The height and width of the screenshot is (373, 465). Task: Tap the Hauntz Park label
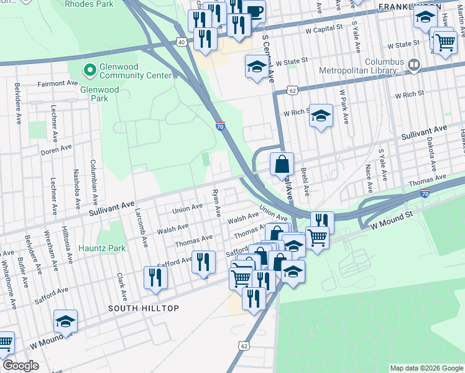click(x=102, y=248)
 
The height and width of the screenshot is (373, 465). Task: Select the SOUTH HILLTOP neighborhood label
click(x=144, y=308)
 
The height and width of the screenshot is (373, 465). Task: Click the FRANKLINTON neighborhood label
click(x=410, y=6)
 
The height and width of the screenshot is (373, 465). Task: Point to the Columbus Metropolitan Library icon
click(x=415, y=63)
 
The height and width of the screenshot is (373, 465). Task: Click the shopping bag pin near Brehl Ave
click(x=282, y=165)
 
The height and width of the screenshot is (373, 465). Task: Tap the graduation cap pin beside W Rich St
click(x=321, y=116)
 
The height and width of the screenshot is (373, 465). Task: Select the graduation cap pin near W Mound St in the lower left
click(x=65, y=321)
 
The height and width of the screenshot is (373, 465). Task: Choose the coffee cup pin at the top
click(x=254, y=11)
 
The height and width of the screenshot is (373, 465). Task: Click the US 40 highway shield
click(x=182, y=42)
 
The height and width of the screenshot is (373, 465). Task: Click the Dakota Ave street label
click(x=431, y=154)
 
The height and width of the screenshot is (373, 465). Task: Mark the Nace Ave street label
click(x=369, y=178)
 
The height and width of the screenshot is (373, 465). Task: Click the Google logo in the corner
click(x=21, y=366)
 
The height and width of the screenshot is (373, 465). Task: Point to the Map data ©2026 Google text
click(x=426, y=368)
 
